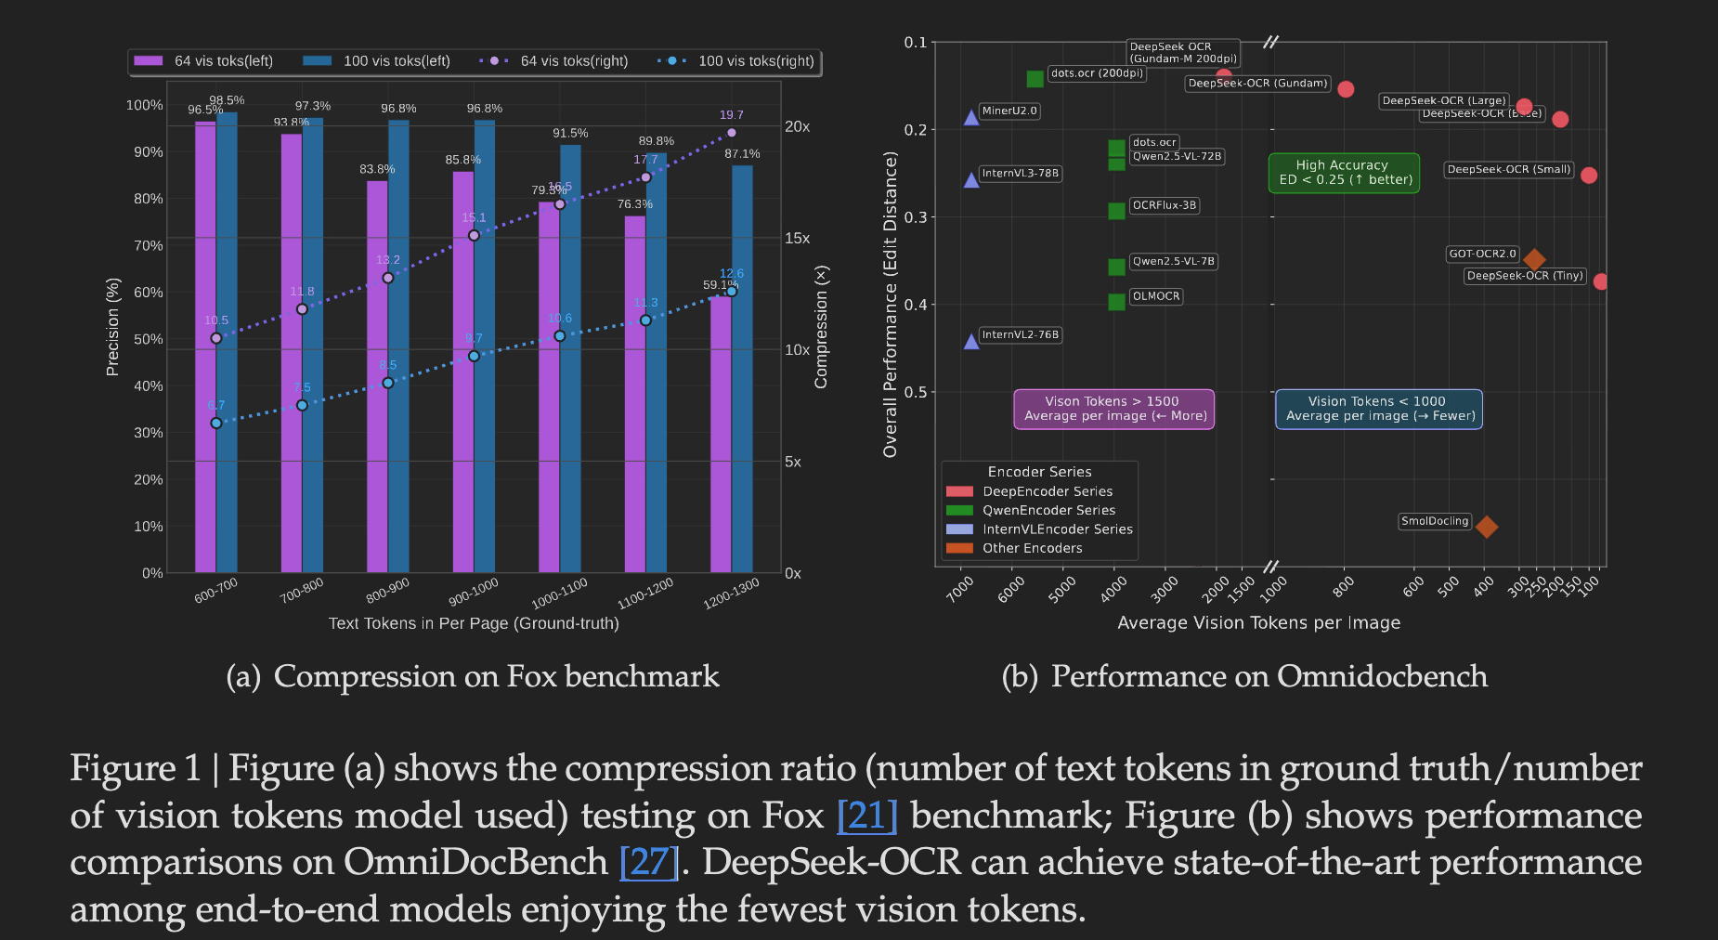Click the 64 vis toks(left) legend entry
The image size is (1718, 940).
[204, 61]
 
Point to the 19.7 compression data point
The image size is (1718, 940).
[731, 133]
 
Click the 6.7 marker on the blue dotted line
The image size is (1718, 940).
[216, 423]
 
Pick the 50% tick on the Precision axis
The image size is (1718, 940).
[148, 339]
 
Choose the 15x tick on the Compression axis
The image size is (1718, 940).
[797, 239]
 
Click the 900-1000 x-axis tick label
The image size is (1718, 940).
[474, 591]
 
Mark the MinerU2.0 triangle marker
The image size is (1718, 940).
[971, 117]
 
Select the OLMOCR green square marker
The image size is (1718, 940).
[1116, 302]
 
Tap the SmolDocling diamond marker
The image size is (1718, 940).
[1486, 527]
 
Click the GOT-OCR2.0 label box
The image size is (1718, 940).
[1482, 254]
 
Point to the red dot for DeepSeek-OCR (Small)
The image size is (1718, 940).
[1589, 175]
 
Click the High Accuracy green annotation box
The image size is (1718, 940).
[1344, 173]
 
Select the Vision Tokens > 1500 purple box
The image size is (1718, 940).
[1114, 409]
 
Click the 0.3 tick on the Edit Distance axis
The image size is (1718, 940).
[916, 216]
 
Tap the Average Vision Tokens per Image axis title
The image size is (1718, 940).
[1258, 622]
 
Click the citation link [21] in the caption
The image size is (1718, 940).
[866, 816]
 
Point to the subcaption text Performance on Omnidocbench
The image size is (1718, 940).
[1269, 676]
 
